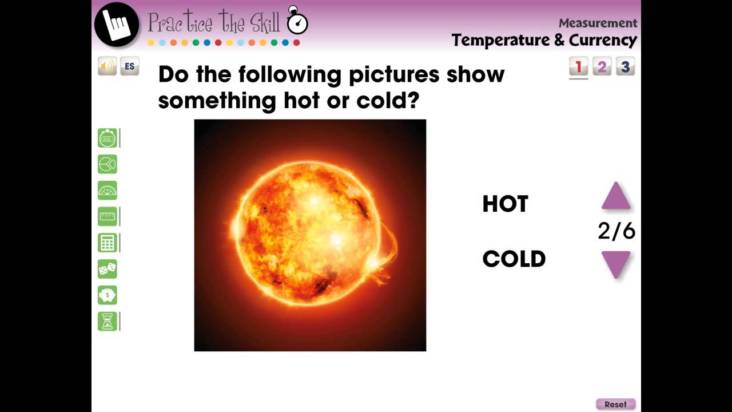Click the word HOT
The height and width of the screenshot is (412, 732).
(x=505, y=204)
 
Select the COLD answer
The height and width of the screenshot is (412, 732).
(x=514, y=259)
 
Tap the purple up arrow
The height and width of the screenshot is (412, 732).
(x=616, y=196)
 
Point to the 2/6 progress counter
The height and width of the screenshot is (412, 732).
(x=616, y=231)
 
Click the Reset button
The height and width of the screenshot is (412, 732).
(x=615, y=404)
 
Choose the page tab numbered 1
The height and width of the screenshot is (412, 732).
(x=578, y=67)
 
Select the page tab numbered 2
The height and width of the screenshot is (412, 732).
(x=602, y=67)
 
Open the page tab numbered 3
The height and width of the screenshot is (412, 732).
(x=625, y=67)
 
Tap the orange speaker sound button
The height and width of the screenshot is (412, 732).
(x=107, y=66)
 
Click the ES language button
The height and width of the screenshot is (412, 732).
(x=130, y=66)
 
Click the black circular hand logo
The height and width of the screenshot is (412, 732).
(x=117, y=24)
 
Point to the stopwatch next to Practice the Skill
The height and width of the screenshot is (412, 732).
(x=297, y=22)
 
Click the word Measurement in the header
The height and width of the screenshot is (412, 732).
(x=598, y=23)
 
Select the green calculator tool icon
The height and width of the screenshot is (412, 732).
(x=108, y=243)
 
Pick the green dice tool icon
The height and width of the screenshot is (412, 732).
(x=108, y=269)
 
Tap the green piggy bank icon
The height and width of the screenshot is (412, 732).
(x=108, y=295)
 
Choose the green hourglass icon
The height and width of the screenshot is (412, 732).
(x=108, y=322)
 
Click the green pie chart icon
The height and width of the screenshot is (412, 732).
(x=108, y=164)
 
